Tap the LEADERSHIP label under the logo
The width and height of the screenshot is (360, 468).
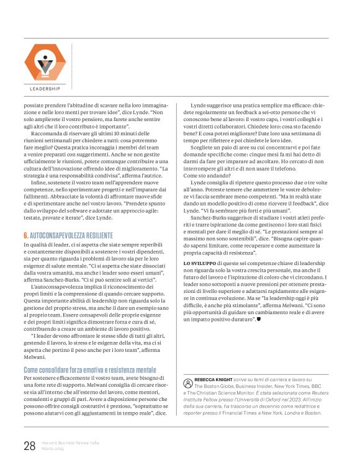coord(44,89)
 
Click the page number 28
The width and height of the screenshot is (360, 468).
coord(29,444)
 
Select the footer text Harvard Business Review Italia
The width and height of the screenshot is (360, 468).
coord(71,441)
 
